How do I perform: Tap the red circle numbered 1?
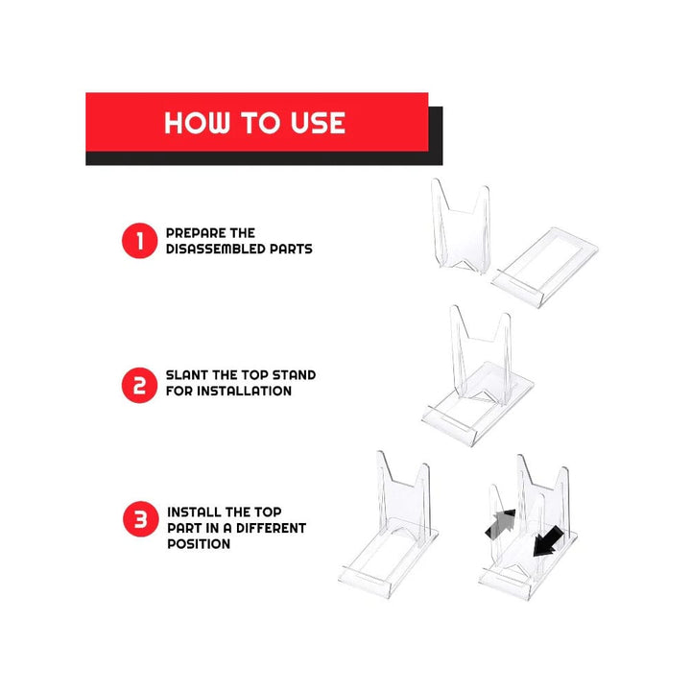[138, 241]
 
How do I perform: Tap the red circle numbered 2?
[138, 386]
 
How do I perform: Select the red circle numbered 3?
[138, 521]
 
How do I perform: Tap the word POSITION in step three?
[199, 543]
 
